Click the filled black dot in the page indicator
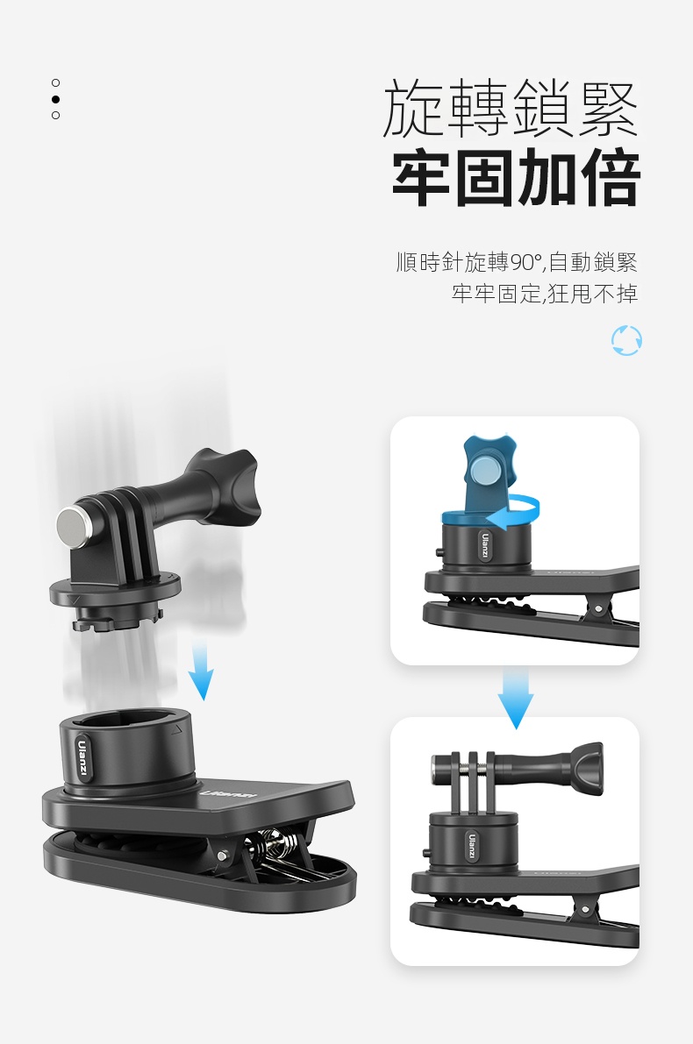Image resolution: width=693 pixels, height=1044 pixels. pos(55,99)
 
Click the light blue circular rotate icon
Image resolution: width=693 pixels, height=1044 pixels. pos(626,340)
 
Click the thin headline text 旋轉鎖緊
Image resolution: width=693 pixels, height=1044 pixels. pos(511,108)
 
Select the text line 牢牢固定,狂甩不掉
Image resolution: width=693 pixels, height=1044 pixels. pos(545,293)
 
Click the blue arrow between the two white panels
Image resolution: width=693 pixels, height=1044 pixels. pos(515,697)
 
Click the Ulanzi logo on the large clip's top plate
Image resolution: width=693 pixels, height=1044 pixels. pos(226,795)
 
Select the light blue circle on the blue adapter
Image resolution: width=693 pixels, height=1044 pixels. pos(484,473)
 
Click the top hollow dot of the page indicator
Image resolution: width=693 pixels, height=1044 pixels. pos(55,82)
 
